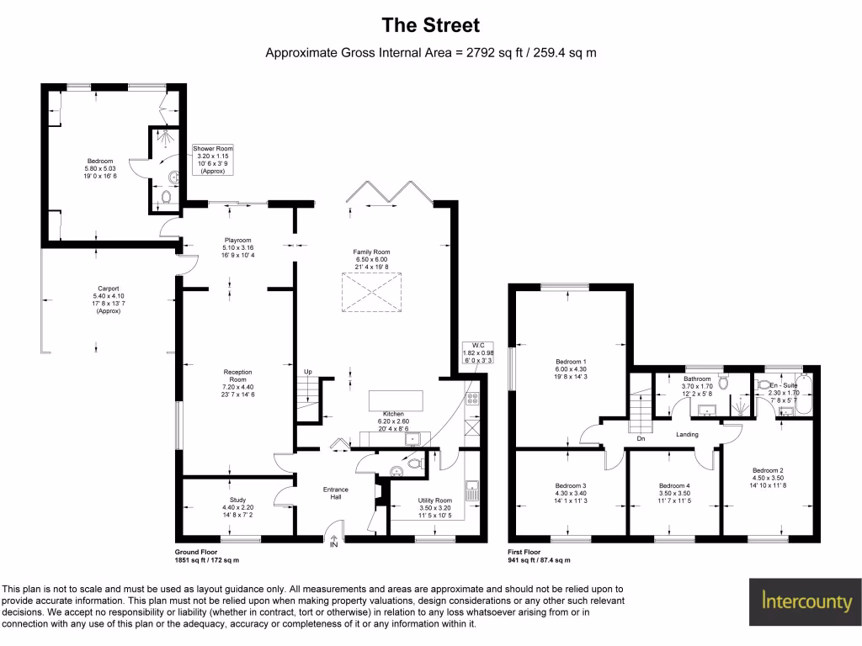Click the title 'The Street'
[430, 25]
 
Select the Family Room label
[370, 260]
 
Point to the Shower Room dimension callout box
[213, 159]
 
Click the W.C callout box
[478, 353]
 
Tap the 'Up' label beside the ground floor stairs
[307, 371]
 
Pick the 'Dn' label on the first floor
[641, 437]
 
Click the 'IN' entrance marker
[334, 545]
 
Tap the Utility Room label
[435, 507]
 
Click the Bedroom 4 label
[674, 490]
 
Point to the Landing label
[688, 435]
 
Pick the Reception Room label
[237, 383]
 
